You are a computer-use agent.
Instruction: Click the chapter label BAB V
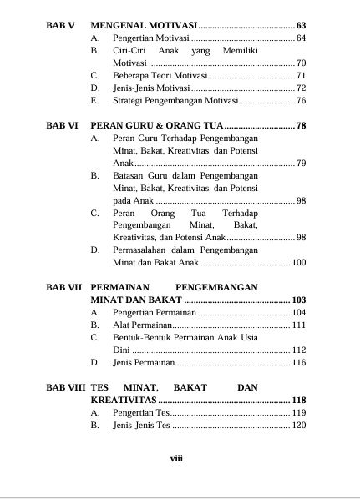coord(59,27)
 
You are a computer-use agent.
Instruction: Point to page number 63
coord(301,27)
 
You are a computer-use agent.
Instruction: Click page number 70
coord(301,63)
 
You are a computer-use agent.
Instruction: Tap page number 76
coord(301,101)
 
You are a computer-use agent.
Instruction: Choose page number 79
coord(301,164)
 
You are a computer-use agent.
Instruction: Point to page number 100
coord(299,263)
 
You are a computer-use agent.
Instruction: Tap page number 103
coord(299,300)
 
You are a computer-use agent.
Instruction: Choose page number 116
coord(299,363)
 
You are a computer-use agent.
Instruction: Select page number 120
coord(299,426)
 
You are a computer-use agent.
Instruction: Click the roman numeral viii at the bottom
coord(176,458)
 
